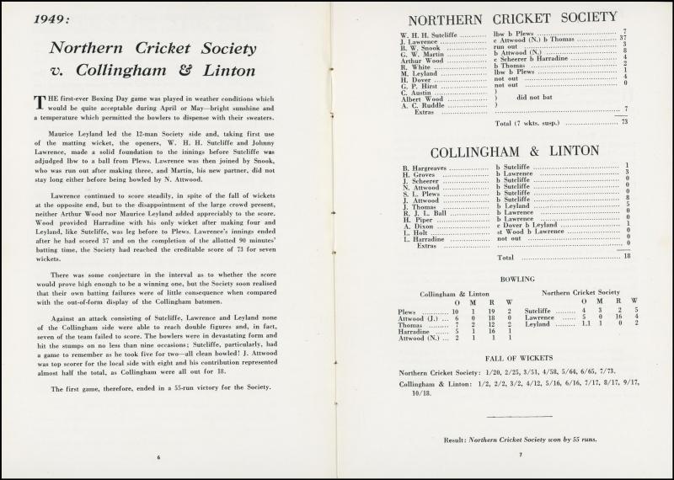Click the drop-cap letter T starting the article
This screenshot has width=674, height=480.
(38, 103)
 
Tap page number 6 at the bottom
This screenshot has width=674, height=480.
(158, 456)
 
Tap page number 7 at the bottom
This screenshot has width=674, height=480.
(521, 456)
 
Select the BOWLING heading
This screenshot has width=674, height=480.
(516, 279)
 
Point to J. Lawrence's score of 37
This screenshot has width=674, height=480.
(623, 39)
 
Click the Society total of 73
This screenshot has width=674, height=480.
(623, 123)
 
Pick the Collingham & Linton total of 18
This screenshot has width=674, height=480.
(626, 257)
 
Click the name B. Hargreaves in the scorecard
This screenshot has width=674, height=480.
(426, 167)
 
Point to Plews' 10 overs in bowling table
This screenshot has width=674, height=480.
(456, 312)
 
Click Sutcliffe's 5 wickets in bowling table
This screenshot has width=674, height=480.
(634, 310)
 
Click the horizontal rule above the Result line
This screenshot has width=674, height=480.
(519, 417)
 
